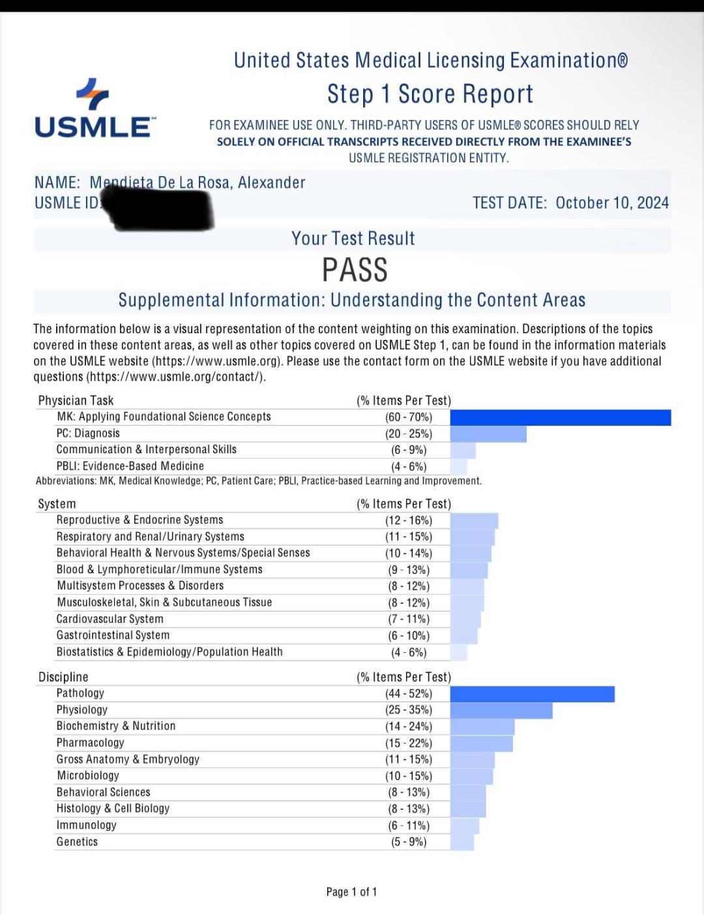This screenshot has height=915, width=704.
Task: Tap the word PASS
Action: pyautogui.click(x=355, y=270)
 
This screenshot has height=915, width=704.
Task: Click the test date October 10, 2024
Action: pyautogui.click(x=611, y=203)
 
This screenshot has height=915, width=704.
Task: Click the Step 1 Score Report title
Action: pyautogui.click(x=430, y=95)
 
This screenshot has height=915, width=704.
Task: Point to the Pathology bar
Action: pyautogui.click(x=532, y=694)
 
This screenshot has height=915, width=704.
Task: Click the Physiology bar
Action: pyautogui.click(x=501, y=710)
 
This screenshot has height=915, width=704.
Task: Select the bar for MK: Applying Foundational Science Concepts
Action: pyautogui.click(x=560, y=417)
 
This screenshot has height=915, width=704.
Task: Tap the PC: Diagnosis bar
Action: pyautogui.click(x=488, y=434)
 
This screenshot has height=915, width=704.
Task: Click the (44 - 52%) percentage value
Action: pyautogui.click(x=409, y=694)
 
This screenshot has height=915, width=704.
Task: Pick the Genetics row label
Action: pyautogui.click(x=77, y=842)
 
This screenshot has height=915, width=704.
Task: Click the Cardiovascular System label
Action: pyautogui.click(x=110, y=619)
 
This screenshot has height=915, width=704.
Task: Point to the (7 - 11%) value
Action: pyautogui.click(x=409, y=619)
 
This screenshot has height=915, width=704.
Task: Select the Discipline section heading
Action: pyautogui.click(x=63, y=677)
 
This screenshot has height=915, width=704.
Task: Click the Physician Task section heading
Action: pyautogui.click(x=76, y=400)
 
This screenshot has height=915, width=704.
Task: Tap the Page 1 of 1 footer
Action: pyautogui.click(x=351, y=892)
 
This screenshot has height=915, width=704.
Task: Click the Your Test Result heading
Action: pyautogui.click(x=353, y=239)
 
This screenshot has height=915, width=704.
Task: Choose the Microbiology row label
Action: pyautogui.click(x=88, y=775)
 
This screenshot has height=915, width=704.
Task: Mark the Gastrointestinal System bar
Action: pyautogui.click(x=464, y=636)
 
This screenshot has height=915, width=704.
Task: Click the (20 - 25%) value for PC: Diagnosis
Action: pyautogui.click(x=409, y=434)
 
